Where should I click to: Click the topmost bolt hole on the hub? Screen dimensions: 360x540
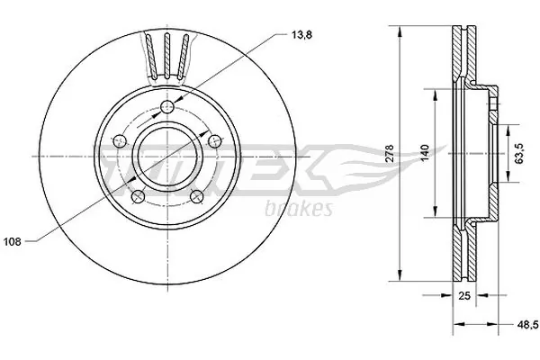(x=167, y=109)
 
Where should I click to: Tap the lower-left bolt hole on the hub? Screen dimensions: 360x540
(x=137, y=197)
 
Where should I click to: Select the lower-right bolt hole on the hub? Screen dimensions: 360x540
(x=196, y=197)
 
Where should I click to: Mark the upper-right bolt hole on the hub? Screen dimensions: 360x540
(x=214, y=141)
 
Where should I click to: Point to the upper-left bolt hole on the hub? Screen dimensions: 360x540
(x=119, y=141)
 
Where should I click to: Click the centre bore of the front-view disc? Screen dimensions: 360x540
(x=166, y=155)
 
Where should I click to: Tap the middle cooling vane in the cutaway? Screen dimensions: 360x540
(x=167, y=56)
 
